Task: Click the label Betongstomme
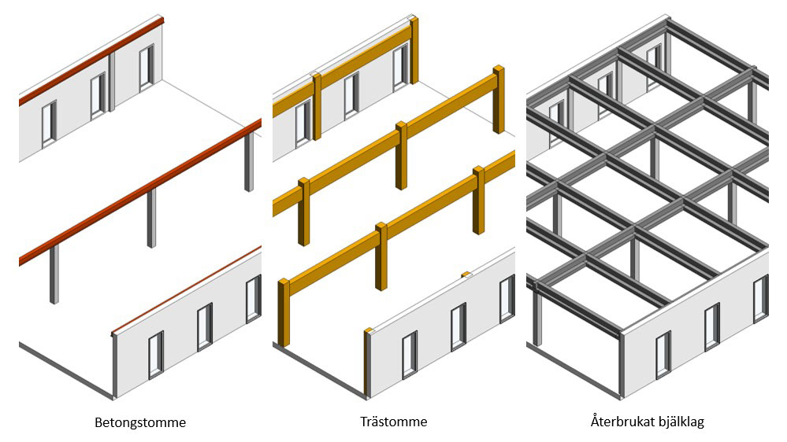[140, 422]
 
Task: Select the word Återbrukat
[619, 422]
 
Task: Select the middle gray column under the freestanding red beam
[151, 218]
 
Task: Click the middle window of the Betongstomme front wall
[204, 326]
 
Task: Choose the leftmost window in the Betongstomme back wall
[49, 123]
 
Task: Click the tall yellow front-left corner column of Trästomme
[283, 312]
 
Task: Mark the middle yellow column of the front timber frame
[381, 256]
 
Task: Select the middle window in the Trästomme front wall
[458, 326]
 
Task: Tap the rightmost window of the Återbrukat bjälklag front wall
[760, 298]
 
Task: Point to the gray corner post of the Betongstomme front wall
[115, 365]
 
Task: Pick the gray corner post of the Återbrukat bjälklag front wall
[622, 365]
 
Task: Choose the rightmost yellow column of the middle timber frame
[498, 99]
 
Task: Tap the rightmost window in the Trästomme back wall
[401, 64]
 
